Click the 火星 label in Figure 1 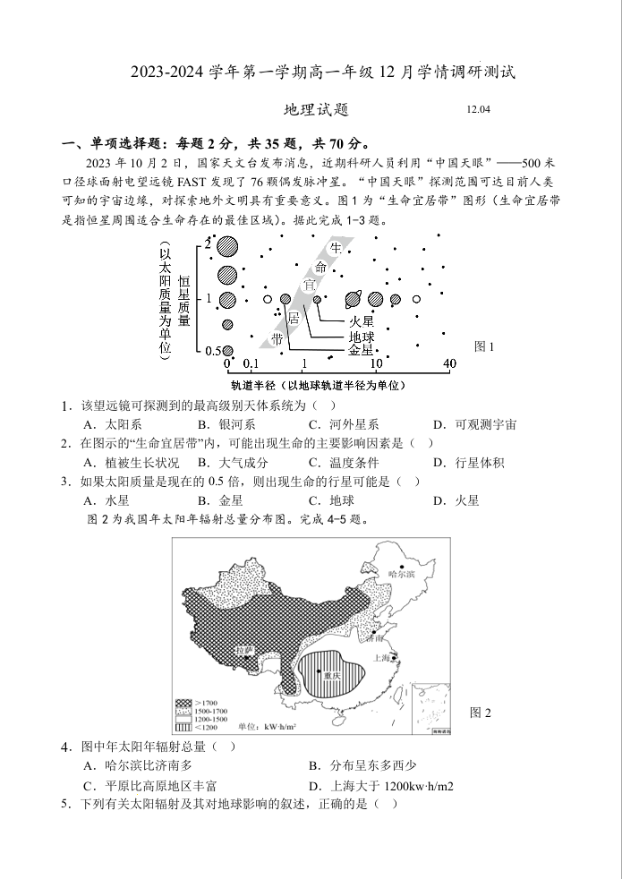pyautogui.click(x=361, y=320)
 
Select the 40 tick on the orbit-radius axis pyautogui.click(x=449, y=363)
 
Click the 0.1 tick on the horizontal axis pyautogui.click(x=251, y=364)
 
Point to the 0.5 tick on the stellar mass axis pyautogui.click(x=212, y=351)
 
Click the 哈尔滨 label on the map pyautogui.click(x=403, y=573)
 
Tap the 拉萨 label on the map pyautogui.click(x=244, y=649)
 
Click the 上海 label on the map pyautogui.click(x=385, y=658)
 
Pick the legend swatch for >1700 pyautogui.click(x=183, y=703)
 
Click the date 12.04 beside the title pyautogui.click(x=479, y=110)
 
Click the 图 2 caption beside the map pyautogui.click(x=481, y=713)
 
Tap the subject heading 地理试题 pyautogui.click(x=315, y=110)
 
